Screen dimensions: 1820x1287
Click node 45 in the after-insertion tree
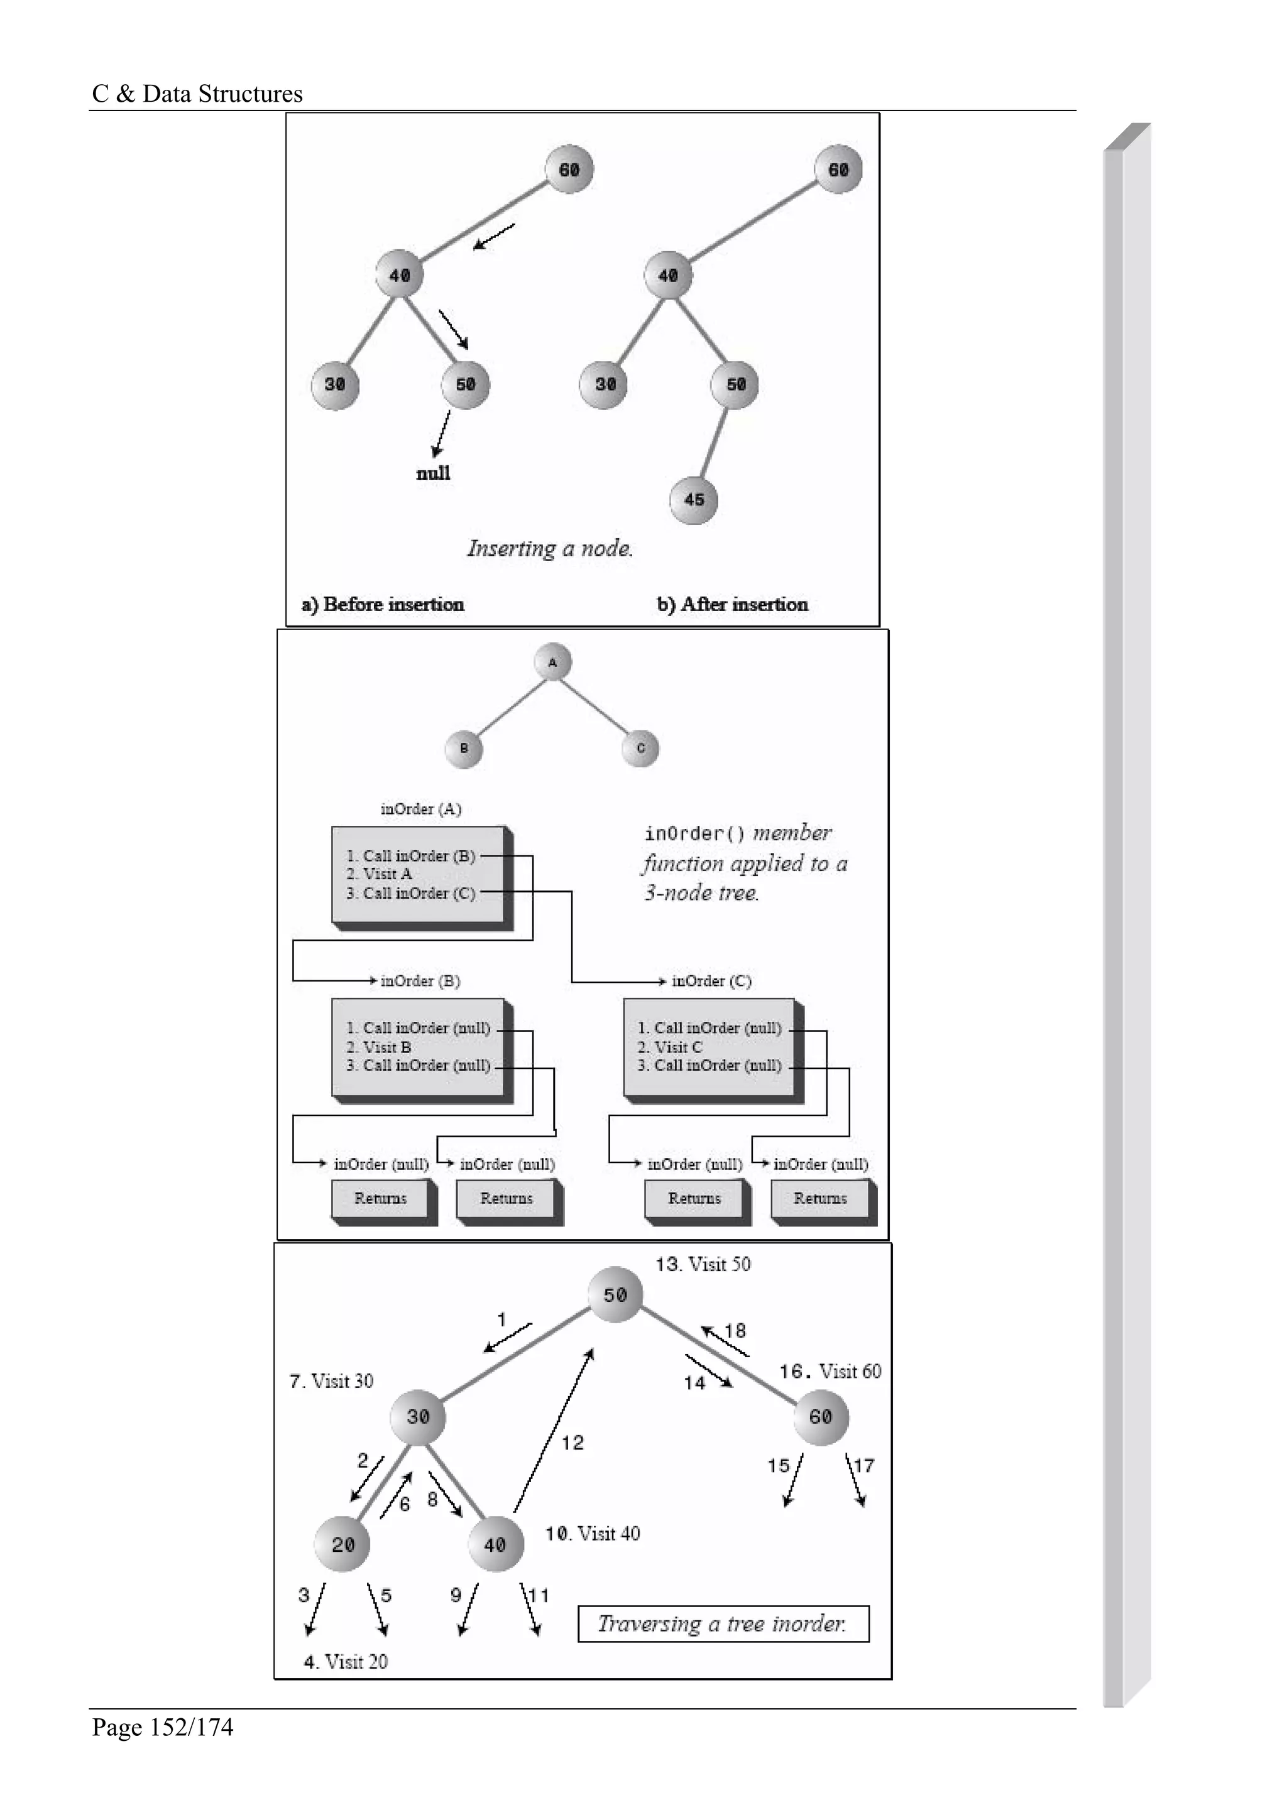[x=693, y=500]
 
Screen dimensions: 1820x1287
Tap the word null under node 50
[x=433, y=474]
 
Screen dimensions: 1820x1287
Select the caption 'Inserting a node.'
[x=549, y=548]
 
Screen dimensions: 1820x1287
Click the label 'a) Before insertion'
[x=383, y=604]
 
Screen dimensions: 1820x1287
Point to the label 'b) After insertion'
[x=733, y=604]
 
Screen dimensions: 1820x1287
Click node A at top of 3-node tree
[x=553, y=663]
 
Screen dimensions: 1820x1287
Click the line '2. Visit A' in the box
[x=379, y=874]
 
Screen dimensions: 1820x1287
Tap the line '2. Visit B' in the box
[x=379, y=1047]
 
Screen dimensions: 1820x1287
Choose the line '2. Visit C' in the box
[x=670, y=1047]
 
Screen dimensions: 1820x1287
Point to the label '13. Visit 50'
[x=703, y=1264]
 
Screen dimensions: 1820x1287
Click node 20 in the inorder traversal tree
[x=342, y=1544]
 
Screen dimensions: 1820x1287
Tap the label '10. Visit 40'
[x=593, y=1534]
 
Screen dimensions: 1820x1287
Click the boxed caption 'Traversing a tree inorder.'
[x=723, y=1623]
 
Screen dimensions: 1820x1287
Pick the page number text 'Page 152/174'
[x=163, y=1726]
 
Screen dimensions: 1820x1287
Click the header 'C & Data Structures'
[x=197, y=94]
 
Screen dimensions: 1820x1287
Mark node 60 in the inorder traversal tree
[x=821, y=1417]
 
